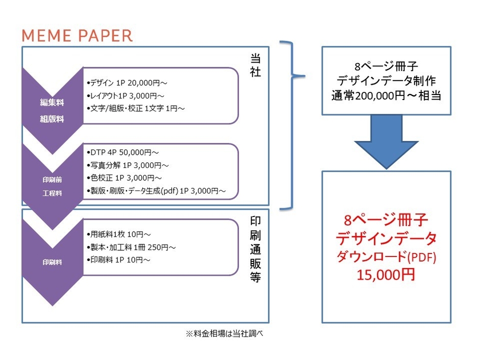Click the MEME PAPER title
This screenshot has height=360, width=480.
[77, 35]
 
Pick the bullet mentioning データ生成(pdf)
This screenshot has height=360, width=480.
[156, 191]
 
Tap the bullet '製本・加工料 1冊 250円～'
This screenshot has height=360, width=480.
[131, 247]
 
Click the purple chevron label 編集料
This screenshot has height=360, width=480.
[52, 103]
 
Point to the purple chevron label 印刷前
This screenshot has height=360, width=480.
[52, 179]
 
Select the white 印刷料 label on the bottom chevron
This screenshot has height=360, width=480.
[52, 262]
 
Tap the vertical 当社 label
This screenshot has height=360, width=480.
[256, 64]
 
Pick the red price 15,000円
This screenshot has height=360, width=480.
[386, 274]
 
